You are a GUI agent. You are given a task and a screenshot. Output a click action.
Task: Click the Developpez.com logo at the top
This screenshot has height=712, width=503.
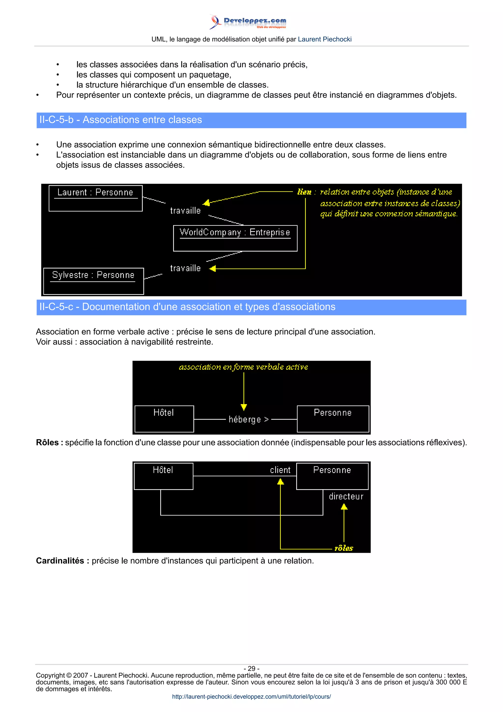click(x=248, y=22)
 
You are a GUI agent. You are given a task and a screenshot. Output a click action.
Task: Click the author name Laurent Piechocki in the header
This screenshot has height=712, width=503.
click(x=324, y=39)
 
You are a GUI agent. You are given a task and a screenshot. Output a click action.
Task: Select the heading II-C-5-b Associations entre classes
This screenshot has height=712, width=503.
click(x=121, y=120)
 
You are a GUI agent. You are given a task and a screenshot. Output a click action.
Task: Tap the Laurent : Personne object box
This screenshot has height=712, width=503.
click(x=96, y=198)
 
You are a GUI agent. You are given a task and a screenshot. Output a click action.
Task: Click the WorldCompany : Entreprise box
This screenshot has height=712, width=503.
click(x=235, y=238)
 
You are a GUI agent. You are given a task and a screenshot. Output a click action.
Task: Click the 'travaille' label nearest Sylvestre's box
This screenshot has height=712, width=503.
click(x=185, y=268)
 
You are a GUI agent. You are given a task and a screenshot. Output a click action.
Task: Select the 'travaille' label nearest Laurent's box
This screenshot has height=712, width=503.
click(x=185, y=211)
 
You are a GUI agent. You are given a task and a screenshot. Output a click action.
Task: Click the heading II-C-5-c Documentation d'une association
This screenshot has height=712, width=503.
click(x=187, y=307)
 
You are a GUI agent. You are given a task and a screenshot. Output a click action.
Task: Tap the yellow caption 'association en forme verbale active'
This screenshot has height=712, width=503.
click(x=243, y=367)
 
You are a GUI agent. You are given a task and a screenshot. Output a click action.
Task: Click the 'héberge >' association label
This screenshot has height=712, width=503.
click(x=249, y=420)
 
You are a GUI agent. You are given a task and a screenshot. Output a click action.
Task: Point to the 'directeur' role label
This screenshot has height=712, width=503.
click(x=346, y=497)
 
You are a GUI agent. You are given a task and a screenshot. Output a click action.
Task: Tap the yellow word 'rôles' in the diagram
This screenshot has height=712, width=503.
click(x=344, y=548)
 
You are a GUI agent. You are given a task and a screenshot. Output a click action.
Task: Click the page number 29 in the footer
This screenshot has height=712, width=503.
click(x=251, y=669)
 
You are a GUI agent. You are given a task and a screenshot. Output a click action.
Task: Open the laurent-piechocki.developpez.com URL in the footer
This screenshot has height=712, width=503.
click(x=251, y=697)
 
